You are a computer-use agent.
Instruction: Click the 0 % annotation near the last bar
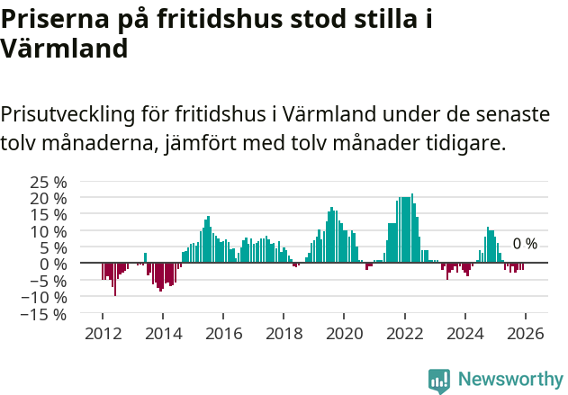(x=525, y=244)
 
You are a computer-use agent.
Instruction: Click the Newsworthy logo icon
(x=439, y=380)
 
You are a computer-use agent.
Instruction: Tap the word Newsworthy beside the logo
(x=509, y=380)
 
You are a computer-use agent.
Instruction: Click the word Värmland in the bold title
(x=64, y=49)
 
